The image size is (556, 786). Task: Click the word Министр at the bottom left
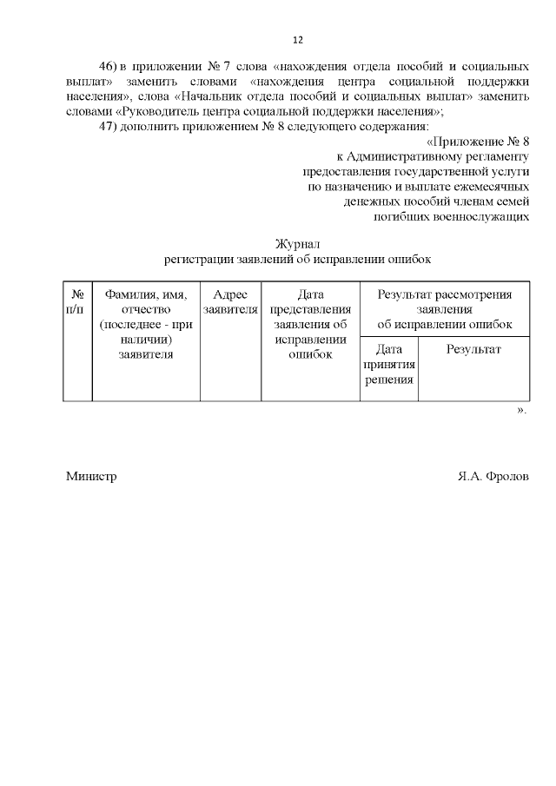pyautogui.click(x=91, y=477)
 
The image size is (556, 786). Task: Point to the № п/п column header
pyautogui.click(x=76, y=301)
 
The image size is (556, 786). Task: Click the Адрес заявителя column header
pyautogui.click(x=230, y=301)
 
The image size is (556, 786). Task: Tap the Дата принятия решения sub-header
pyautogui.click(x=388, y=365)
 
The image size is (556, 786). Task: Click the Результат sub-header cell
pyautogui.click(x=473, y=349)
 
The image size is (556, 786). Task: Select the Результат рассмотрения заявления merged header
pyautogui.click(x=444, y=309)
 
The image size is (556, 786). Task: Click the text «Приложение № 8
pyautogui.click(x=479, y=141)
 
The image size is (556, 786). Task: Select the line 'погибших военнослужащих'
pyautogui.click(x=451, y=216)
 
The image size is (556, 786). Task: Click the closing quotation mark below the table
pyautogui.click(x=521, y=409)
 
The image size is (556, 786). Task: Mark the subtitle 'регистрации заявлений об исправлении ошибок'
pyautogui.click(x=298, y=259)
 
